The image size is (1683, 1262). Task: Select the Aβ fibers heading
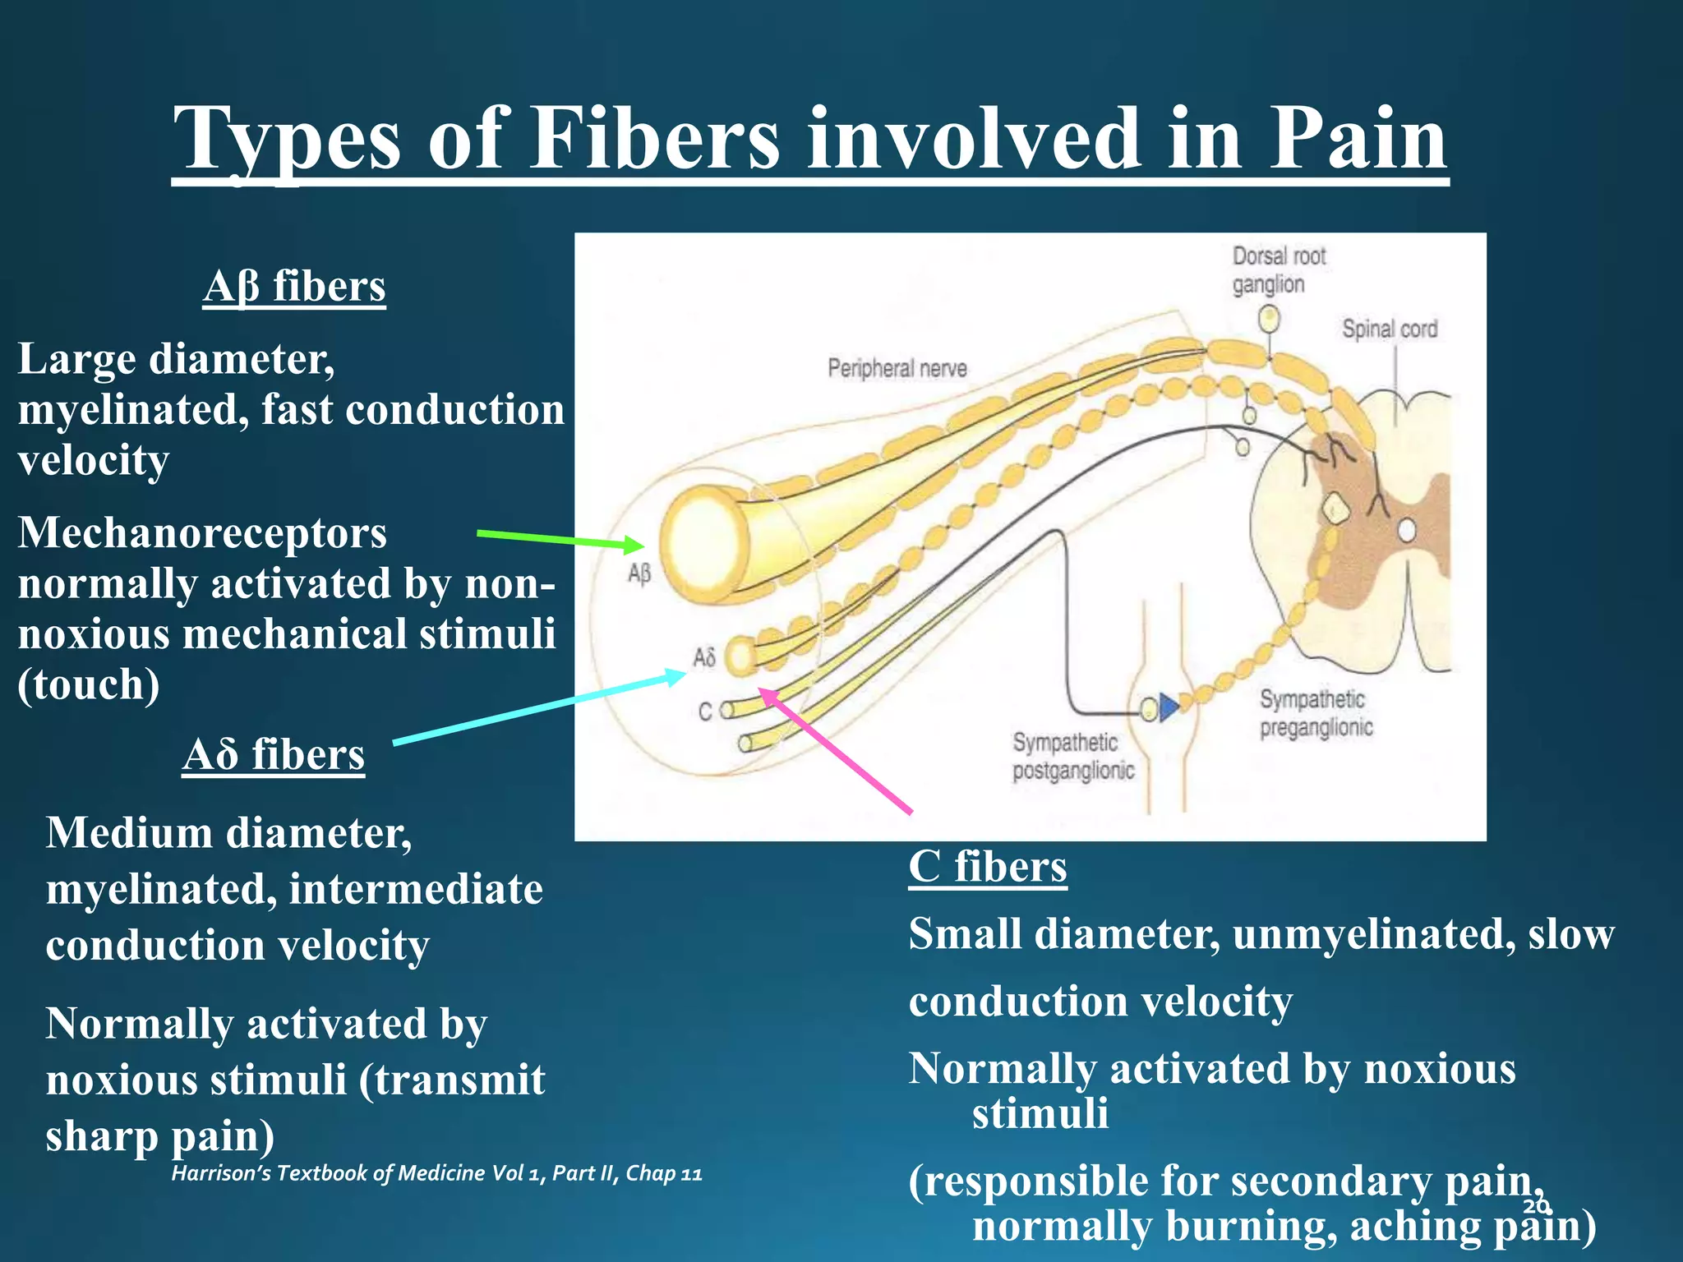pyautogui.click(x=294, y=287)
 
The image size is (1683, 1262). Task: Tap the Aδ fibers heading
pyautogui.click(x=274, y=754)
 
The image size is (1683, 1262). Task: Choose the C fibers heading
pyautogui.click(x=987, y=867)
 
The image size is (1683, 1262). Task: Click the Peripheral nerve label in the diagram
pyautogui.click(x=897, y=368)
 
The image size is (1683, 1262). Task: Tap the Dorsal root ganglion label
pyautogui.click(x=1278, y=270)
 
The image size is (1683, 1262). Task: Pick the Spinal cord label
pyautogui.click(x=1389, y=329)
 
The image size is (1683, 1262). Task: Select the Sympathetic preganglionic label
pyautogui.click(x=1315, y=713)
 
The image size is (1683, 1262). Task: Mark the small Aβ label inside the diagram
pyautogui.click(x=639, y=573)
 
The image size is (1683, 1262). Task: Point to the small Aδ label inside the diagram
pyautogui.click(x=704, y=657)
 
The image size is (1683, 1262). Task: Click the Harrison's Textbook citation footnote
pyautogui.click(x=436, y=1173)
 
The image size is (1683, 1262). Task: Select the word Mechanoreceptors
pyautogui.click(x=202, y=533)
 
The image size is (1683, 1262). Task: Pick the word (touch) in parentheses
pyautogui.click(x=89, y=684)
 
